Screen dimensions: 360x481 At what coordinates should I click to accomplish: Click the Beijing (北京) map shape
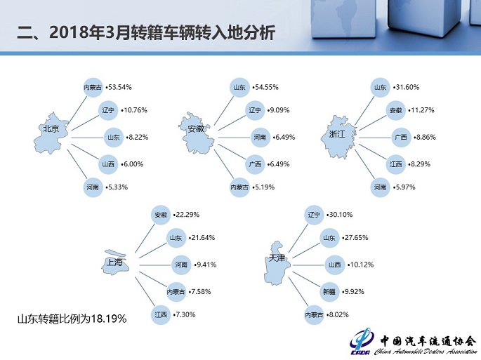click(x=57, y=131)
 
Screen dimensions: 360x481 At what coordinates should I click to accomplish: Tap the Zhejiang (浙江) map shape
click(x=339, y=134)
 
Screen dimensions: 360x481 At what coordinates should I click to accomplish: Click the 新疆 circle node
click(x=327, y=290)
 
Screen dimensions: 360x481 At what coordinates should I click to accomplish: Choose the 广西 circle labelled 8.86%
click(x=400, y=138)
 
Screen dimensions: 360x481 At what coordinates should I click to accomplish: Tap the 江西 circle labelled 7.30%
click(x=162, y=316)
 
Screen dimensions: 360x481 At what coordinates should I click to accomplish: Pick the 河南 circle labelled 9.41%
click(x=182, y=265)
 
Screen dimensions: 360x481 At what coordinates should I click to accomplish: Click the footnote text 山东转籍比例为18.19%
click(x=72, y=319)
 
